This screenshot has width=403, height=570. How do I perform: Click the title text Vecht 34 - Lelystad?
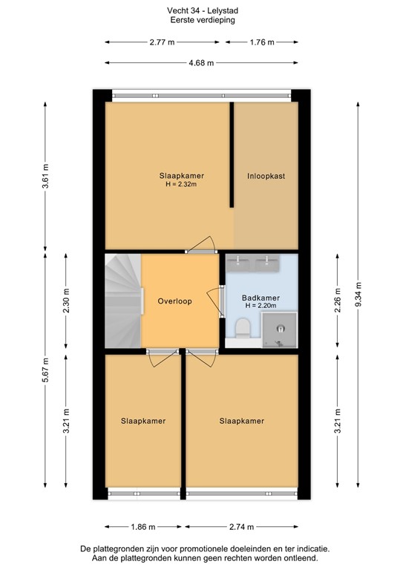[x=201, y=11]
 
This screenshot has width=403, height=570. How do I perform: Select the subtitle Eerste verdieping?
[x=201, y=21]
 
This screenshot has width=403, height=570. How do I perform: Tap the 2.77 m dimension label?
[x=161, y=42]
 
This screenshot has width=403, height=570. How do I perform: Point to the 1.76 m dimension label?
[x=261, y=42]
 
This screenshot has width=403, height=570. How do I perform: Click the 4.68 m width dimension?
[x=201, y=63]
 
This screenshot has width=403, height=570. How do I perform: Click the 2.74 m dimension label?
[x=240, y=527]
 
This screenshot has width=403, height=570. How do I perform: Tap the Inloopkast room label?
[x=266, y=177]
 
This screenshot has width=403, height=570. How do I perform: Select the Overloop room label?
[x=175, y=301]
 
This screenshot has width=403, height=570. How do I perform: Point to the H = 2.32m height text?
[x=181, y=184]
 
